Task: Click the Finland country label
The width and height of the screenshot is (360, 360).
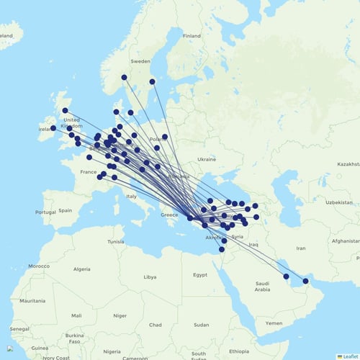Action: (x=192, y=36)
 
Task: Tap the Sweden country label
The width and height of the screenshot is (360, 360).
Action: (x=140, y=63)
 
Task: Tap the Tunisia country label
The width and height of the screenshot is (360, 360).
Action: (x=116, y=242)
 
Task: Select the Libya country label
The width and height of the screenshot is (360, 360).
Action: (x=150, y=276)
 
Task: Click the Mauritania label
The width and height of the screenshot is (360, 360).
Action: (x=32, y=300)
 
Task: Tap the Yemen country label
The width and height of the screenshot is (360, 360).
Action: (x=274, y=323)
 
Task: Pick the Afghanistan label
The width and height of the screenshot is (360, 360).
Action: (x=343, y=242)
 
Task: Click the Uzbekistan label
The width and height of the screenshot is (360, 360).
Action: (x=318, y=202)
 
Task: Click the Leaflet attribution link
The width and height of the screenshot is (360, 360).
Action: (x=350, y=356)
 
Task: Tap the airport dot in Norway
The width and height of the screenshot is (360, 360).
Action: (x=124, y=77)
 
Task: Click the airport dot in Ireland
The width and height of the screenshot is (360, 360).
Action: (x=53, y=128)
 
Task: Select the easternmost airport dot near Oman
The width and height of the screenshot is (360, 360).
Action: (x=305, y=281)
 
